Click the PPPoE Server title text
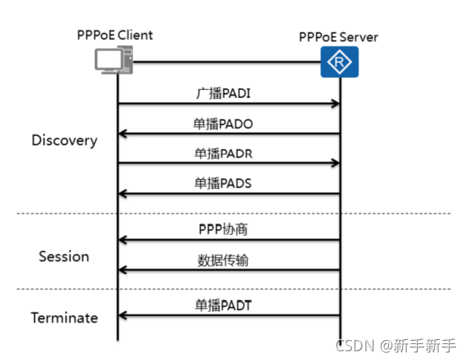[339, 37]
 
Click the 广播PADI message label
[226, 94]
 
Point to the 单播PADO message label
[226, 124]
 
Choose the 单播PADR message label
[226, 154]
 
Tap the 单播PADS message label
[226, 183]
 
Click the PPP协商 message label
[226, 229]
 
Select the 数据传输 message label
[226, 260]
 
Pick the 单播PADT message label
[226, 306]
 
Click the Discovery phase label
[64, 140]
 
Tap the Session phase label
[64, 256]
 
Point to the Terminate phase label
[64, 318]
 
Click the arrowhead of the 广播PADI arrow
[336, 104]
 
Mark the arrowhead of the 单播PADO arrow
[123, 135]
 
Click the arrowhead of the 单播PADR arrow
[336, 164]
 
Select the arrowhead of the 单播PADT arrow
[123, 316]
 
